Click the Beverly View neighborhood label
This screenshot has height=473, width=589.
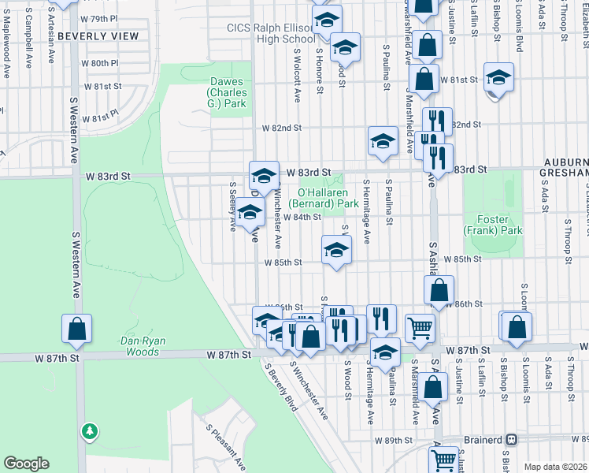(x=98, y=36)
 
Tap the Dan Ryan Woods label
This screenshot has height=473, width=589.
(x=119, y=341)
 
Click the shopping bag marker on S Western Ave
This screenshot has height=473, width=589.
(x=77, y=330)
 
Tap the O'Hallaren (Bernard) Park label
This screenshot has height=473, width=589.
(x=328, y=198)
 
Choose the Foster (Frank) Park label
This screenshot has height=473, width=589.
(x=493, y=225)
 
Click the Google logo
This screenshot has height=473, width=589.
(x=27, y=463)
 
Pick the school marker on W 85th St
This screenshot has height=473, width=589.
(x=336, y=251)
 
